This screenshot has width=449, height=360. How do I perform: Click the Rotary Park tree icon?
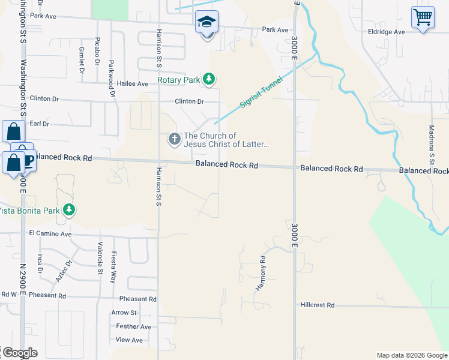[x=209, y=79]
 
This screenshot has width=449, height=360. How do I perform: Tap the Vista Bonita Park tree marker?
[x=70, y=210]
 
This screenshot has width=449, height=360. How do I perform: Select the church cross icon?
[x=174, y=140]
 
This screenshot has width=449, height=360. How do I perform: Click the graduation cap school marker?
[x=206, y=22]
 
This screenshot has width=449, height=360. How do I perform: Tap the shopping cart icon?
[x=423, y=17]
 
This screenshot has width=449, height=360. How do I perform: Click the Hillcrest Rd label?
[x=318, y=305]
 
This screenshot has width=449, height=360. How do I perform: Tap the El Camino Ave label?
[x=50, y=233]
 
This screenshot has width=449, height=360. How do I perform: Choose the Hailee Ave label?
[x=132, y=84]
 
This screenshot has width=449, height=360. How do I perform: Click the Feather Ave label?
[x=134, y=326]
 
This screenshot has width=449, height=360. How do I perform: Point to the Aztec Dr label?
[x=64, y=271]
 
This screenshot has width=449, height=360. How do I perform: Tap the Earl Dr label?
[x=39, y=124]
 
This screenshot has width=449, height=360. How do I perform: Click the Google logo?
[x=19, y=353]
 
